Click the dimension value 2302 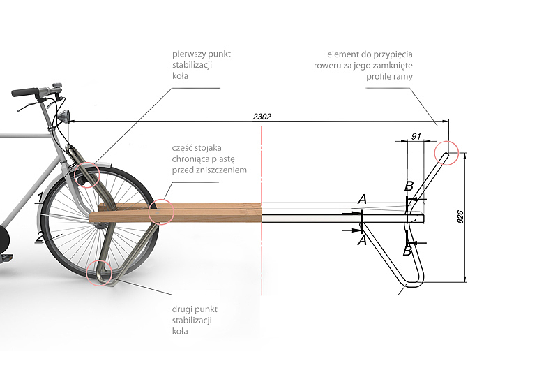tap(262, 117)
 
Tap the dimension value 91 tap(417, 136)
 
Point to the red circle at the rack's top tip tap(446, 153)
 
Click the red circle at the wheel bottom tap(98, 272)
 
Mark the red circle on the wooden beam tap(160, 211)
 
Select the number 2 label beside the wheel tap(40, 237)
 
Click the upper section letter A tap(362, 200)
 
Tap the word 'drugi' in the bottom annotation tap(182, 309)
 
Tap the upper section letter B tap(409, 186)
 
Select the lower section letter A tap(362, 240)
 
